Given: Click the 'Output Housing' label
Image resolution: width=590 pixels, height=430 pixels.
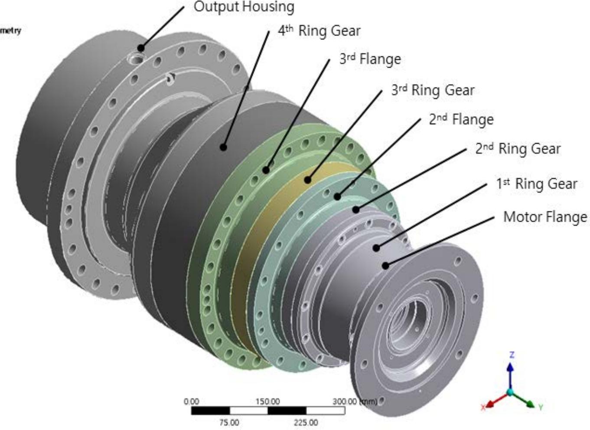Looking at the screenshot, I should (x=244, y=7).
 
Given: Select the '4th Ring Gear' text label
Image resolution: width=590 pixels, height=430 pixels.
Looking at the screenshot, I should (x=319, y=31).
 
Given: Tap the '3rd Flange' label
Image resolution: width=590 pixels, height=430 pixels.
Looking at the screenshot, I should (x=370, y=59).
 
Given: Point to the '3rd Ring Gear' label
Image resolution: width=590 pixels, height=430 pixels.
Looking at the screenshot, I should (x=433, y=90).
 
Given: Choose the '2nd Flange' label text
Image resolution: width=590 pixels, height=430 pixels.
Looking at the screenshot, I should (x=461, y=119).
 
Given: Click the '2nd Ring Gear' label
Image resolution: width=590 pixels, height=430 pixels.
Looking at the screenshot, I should (x=518, y=149).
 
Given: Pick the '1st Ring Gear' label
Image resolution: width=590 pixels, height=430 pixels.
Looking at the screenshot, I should (x=537, y=184).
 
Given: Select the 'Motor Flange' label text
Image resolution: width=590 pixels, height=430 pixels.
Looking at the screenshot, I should (x=545, y=217).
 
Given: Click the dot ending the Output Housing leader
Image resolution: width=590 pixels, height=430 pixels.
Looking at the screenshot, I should (x=141, y=48).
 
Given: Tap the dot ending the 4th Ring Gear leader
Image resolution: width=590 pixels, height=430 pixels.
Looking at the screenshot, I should (x=223, y=147).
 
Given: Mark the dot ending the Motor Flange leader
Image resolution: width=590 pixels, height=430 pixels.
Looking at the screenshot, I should (x=385, y=266).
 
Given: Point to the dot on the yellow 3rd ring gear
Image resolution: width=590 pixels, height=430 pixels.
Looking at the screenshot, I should (x=308, y=180).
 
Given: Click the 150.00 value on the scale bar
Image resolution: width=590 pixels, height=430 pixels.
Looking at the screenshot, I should (x=267, y=401).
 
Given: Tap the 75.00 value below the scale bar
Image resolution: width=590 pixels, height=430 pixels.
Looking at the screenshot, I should (x=229, y=422).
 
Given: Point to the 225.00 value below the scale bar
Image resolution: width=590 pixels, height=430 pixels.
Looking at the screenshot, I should (x=306, y=422).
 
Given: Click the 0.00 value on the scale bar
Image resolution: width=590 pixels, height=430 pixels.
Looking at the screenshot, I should (x=191, y=401).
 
